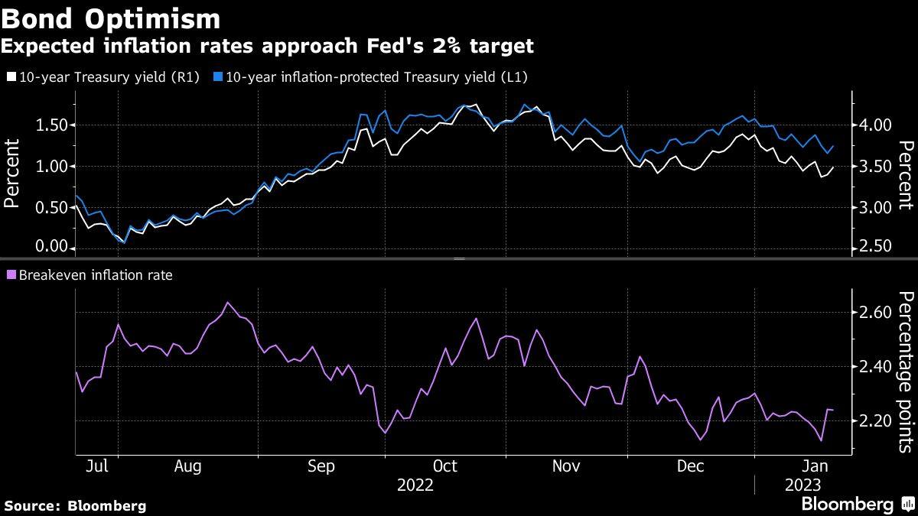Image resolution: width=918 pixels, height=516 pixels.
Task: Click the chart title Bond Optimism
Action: (111, 18)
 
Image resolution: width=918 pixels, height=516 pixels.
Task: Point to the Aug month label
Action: (187, 466)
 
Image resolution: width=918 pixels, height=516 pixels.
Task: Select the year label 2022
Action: (415, 485)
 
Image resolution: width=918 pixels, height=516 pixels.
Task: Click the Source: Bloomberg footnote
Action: (75, 505)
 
